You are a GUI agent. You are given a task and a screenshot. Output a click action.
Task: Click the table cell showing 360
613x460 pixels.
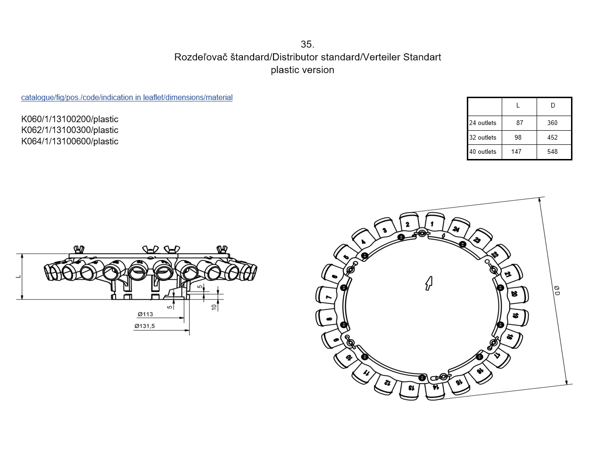tap(552, 123)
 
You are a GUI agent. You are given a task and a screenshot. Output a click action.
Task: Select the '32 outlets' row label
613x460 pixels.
tap(482, 137)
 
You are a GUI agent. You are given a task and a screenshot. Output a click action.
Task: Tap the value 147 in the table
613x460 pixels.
tap(516, 151)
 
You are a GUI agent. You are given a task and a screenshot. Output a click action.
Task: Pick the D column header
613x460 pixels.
tap(552, 106)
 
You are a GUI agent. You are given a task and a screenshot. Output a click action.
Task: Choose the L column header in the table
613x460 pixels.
tap(518, 106)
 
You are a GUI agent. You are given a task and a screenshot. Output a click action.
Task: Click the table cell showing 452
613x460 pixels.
tap(552, 137)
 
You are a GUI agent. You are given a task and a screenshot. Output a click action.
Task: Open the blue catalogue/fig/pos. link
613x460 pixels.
tap(127, 98)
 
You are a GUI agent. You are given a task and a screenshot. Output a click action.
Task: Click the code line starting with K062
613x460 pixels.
tap(70, 130)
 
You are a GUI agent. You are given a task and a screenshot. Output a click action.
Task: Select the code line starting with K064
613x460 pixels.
tap(70, 142)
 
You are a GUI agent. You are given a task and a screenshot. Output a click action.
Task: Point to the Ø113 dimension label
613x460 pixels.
tap(145, 314)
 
